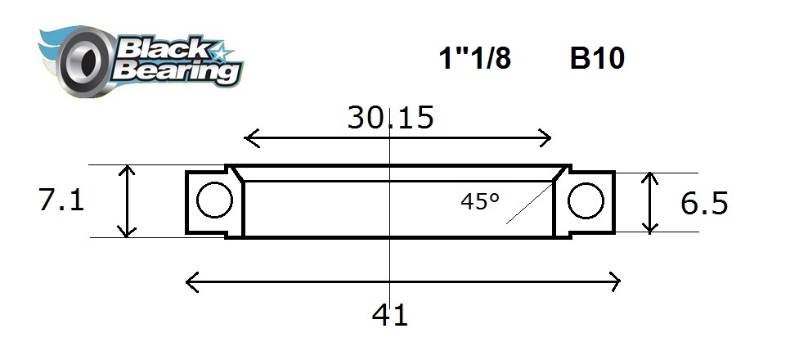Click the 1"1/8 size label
pyautogui.click(x=474, y=59)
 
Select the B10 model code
pyautogui.click(x=597, y=59)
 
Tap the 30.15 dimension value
pyautogui.click(x=390, y=118)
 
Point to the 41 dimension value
pyautogui.click(x=390, y=314)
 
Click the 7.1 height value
pyautogui.click(x=61, y=200)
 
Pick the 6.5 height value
pyautogui.click(x=703, y=203)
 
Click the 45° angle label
pyautogui.click(x=480, y=200)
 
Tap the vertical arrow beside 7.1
pyautogui.click(x=127, y=200)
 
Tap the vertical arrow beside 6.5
pyautogui.click(x=650, y=202)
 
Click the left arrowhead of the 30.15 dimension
pyautogui.click(x=249, y=138)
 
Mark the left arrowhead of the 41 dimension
pyautogui.click(x=192, y=283)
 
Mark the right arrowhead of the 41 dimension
pyautogui.click(x=614, y=283)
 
